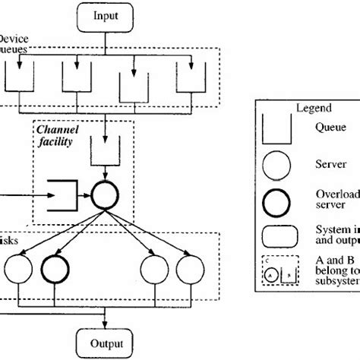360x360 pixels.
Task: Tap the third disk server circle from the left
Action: pyautogui.click(x=155, y=269)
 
